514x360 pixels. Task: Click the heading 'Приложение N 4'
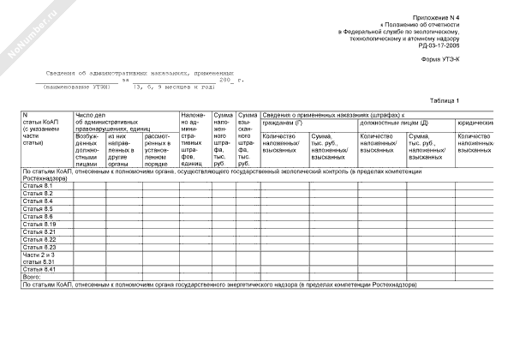(436, 17)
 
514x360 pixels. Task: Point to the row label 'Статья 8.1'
(37, 186)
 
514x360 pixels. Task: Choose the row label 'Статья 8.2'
(37, 194)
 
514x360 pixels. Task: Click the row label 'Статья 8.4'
(37, 201)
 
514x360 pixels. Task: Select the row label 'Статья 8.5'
(37, 209)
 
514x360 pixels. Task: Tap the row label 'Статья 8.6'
(37, 217)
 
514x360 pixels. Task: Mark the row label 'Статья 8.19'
(39, 225)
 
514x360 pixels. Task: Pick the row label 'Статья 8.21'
(39, 232)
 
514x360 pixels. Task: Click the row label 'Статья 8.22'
(39, 240)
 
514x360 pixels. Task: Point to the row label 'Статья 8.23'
(39, 248)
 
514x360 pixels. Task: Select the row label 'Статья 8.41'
(39, 270)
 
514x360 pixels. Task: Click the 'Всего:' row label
(32, 278)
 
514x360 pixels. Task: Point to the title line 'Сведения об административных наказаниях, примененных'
(140, 75)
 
